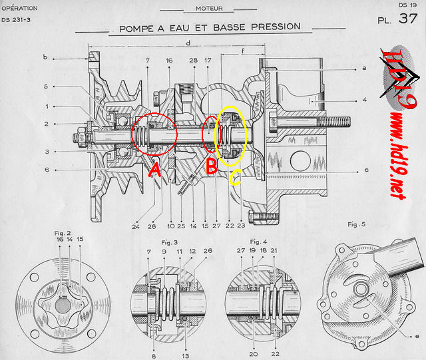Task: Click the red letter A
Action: point(155,170)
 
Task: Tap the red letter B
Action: point(212,166)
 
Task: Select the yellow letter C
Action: point(235,177)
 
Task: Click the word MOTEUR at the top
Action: point(209,9)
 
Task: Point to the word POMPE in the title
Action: point(136,29)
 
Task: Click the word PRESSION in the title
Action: point(276,27)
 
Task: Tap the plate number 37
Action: point(408,19)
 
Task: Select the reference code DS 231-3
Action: point(16,20)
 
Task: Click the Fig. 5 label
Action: point(357,224)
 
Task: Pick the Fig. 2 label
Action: point(63,233)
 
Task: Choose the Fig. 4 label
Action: point(258,242)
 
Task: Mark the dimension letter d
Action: point(188,43)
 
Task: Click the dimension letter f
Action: point(243,51)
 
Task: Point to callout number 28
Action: point(194,61)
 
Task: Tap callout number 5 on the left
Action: point(46,87)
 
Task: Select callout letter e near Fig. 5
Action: point(417,336)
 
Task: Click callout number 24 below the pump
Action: point(136,227)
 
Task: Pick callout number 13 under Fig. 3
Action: point(186,355)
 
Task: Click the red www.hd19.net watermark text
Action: point(399,156)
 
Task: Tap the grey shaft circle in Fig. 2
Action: point(63,305)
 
